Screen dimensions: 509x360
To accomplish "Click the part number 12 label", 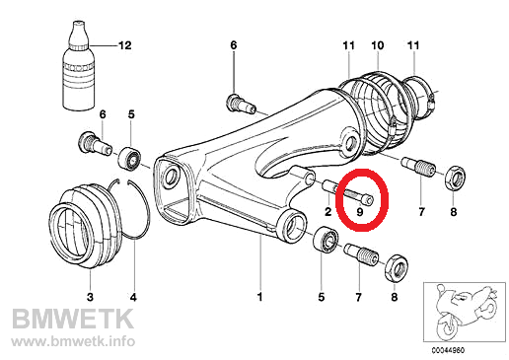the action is click(x=124, y=45).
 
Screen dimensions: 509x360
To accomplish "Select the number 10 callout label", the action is click(x=378, y=45).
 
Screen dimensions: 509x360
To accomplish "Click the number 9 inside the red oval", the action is click(x=360, y=212).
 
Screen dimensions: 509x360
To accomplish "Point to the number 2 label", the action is click(x=328, y=212).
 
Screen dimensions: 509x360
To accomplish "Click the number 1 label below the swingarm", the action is click(x=260, y=297).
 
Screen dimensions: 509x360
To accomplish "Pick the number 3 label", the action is click(x=90, y=297).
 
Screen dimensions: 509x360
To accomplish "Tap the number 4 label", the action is click(x=133, y=297).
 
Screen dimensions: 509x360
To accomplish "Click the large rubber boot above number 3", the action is click(x=85, y=227).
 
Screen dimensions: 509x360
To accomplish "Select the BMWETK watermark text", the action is click(x=73, y=319).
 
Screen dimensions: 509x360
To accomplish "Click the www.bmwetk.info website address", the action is click(x=73, y=341).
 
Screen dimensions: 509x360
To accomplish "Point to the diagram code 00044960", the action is click(x=448, y=351).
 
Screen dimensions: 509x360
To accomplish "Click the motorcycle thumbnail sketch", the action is click(x=465, y=312).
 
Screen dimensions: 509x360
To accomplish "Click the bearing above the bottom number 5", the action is click(x=327, y=240).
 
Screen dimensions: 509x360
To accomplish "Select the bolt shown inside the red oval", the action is click(x=359, y=196).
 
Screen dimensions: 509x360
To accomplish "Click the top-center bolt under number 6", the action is click(x=241, y=104).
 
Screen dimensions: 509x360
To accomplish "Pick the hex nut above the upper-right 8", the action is click(x=455, y=177).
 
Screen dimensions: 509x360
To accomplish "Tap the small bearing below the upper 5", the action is click(x=129, y=159).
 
